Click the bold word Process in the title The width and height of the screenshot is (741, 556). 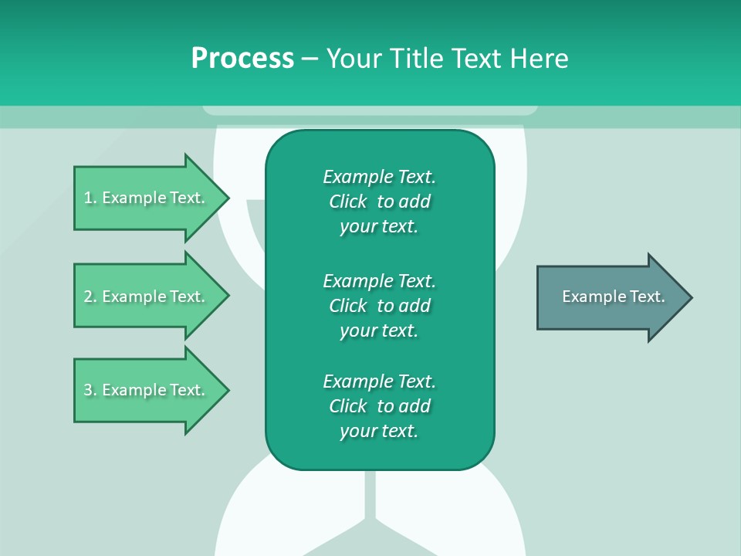pyautogui.click(x=242, y=59)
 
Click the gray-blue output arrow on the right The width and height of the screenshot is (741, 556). pyautogui.click(x=610, y=297)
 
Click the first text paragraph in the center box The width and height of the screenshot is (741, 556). pyautogui.click(x=379, y=202)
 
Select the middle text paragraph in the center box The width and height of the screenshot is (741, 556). pyautogui.click(x=379, y=306)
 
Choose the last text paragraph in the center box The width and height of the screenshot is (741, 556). pyautogui.click(x=379, y=406)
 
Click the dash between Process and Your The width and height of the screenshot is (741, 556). pyautogui.click(x=310, y=59)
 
